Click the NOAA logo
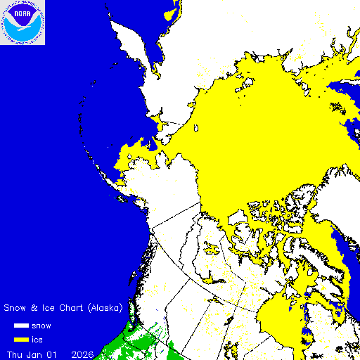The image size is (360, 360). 22,22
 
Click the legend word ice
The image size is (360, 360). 37,340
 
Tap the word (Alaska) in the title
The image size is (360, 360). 105,308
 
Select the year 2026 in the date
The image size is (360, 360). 84,354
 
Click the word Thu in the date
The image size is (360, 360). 15,354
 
